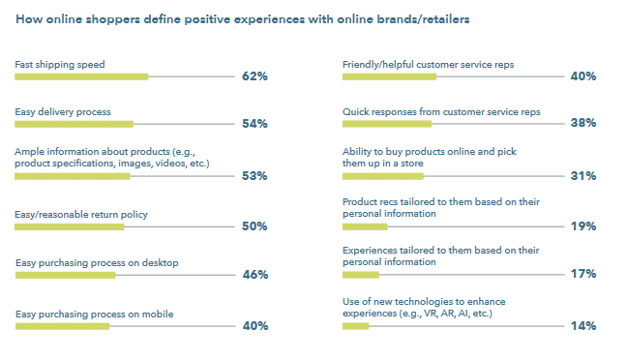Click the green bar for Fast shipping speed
coord(81,75)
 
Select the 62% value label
coord(254,75)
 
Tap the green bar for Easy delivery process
coord(74,124)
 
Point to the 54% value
coord(254,124)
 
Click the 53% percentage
coord(254,176)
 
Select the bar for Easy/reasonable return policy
coord(70,226)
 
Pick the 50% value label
coord(254,226)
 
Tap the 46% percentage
coord(254,275)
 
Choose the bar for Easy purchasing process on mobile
coord(62,326)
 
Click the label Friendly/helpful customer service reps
coord(428,64)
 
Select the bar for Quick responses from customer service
coord(386,124)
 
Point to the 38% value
coord(582,124)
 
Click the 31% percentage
coord(582,176)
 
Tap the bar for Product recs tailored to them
coord(365,226)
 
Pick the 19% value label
coord(582,226)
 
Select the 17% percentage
coord(582,275)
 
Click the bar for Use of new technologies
coord(356,326)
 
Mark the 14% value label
coord(582,326)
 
